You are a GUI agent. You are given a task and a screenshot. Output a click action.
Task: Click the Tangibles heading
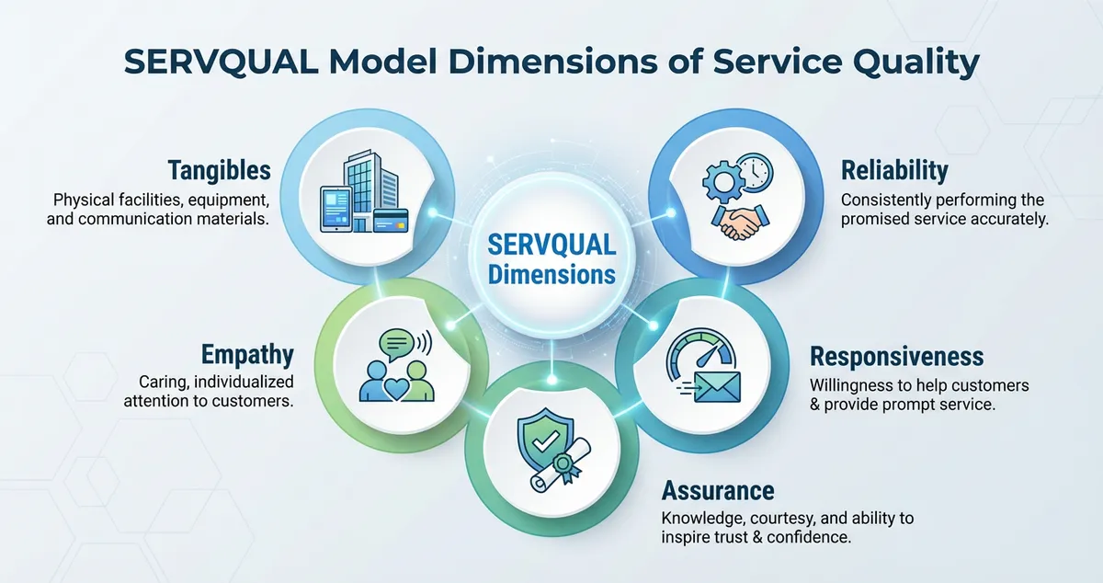point(219,170)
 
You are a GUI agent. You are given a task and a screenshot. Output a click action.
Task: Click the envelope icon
point(716,387)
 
